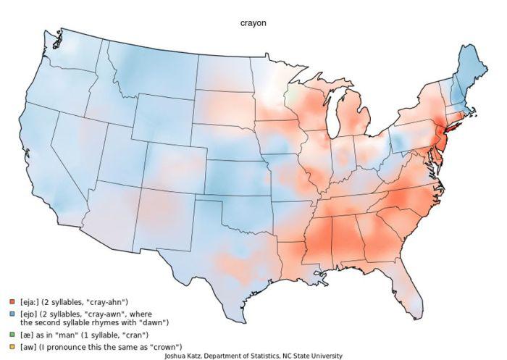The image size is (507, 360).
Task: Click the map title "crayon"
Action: click(x=253, y=23)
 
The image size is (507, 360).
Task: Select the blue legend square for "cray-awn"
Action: click(x=12, y=314)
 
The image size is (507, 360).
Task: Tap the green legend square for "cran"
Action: click(x=12, y=335)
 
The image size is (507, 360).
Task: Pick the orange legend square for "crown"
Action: click(x=12, y=346)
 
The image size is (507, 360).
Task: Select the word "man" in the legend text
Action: click(x=66, y=335)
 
